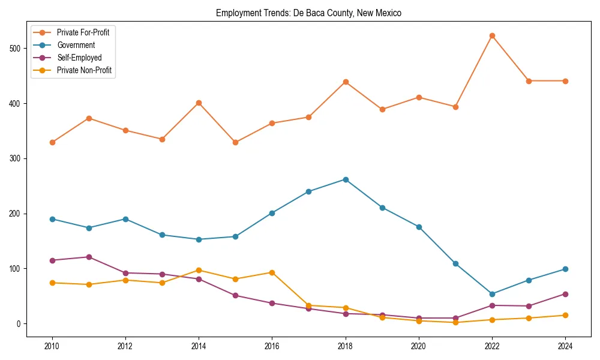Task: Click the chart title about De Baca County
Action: coord(308,13)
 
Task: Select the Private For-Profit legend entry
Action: coord(83,32)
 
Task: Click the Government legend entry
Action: coord(76,45)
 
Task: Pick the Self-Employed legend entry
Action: coord(79,58)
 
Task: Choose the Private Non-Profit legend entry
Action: coord(84,70)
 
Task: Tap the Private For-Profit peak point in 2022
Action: coord(492,35)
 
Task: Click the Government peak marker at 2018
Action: coord(346,179)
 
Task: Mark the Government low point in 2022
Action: coord(492,294)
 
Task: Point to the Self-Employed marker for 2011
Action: coord(89,257)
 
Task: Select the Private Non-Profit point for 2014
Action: coord(199,270)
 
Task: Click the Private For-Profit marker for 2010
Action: coord(52,142)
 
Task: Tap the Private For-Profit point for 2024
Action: coord(565,81)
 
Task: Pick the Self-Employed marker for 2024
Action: coord(565,294)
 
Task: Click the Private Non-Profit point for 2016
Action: coord(272,272)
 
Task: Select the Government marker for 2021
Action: coord(455,263)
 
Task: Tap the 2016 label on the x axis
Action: coord(272,346)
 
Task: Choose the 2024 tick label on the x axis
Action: coord(565,346)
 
